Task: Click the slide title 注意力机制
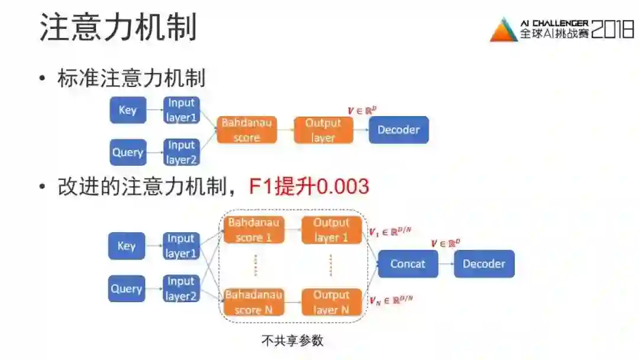[x=118, y=28]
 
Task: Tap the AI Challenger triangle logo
[x=504, y=30]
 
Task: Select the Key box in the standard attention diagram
[x=128, y=110]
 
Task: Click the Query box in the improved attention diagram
[x=127, y=288]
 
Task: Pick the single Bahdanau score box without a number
[x=247, y=130]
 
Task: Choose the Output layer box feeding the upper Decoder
[x=323, y=130]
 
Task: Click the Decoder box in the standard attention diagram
[x=398, y=130]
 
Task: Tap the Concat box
[x=408, y=263]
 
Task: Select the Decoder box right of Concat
[x=484, y=263]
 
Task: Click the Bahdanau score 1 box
[x=254, y=230]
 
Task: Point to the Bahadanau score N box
[x=254, y=302]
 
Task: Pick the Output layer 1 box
[x=331, y=230]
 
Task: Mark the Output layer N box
[x=331, y=302]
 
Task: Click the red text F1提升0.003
[x=308, y=187]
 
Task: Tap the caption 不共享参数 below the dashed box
[x=292, y=341]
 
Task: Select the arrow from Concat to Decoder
[x=446, y=263]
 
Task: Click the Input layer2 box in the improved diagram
[x=181, y=288]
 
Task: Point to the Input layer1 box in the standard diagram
[x=181, y=110]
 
